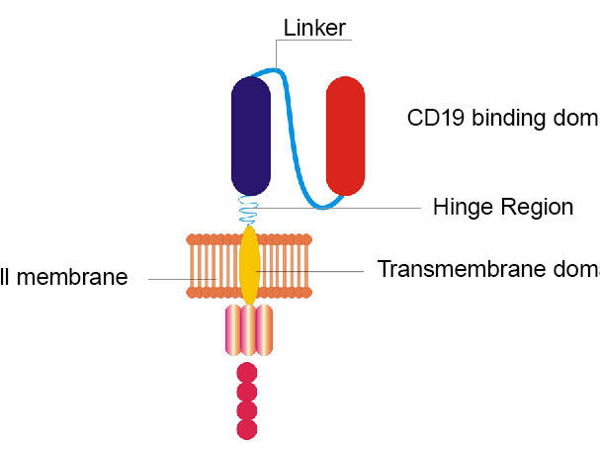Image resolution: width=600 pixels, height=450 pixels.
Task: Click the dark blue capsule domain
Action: pyautogui.click(x=251, y=135)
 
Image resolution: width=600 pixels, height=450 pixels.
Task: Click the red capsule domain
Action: pyautogui.click(x=346, y=135)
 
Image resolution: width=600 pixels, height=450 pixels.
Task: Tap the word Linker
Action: pyautogui.click(x=313, y=28)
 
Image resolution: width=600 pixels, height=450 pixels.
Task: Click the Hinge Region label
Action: pyautogui.click(x=503, y=208)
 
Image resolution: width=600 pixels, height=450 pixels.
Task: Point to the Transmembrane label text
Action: pyautogui.click(x=488, y=269)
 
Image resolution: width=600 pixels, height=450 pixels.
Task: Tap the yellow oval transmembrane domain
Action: pyautogui.click(x=250, y=265)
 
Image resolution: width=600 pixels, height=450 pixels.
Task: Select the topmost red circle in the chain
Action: pyautogui.click(x=247, y=372)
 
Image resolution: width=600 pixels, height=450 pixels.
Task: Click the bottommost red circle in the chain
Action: pyautogui.click(x=247, y=429)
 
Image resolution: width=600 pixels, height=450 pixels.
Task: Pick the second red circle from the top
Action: pyautogui.click(x=247, y=391)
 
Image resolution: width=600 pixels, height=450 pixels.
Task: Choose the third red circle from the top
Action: pyautogui.click(x=247, y=409)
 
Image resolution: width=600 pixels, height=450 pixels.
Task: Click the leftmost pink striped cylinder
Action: pyautogui.click(x=233, y=329)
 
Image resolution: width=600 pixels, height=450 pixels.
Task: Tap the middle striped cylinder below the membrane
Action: pyautogui.click(x=249, y=329)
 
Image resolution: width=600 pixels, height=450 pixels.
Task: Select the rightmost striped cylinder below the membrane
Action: pyautogui.click(x=264, y=329)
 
